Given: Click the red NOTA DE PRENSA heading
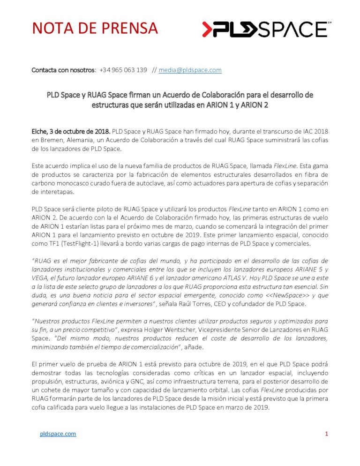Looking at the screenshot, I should [x=95, y=29].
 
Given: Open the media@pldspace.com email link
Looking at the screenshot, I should [x=190, y=70].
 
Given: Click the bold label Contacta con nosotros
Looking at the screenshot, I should [x=63, y=70].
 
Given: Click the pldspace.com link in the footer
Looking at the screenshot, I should [x=58, y=434].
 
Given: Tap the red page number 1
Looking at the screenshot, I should [x=326, y=434].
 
